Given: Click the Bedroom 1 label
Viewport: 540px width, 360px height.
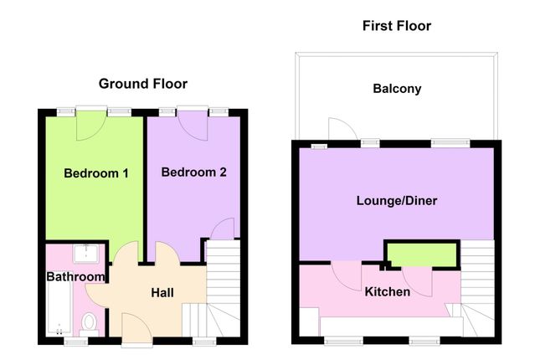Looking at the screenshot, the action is [96, 173].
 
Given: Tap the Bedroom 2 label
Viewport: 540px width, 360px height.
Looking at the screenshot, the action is [194, 172].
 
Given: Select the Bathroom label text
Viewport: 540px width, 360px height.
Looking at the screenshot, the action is [75, 276].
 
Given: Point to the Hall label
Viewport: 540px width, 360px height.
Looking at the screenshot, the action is [162, 293].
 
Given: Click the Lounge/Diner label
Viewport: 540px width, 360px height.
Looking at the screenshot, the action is [397, 200].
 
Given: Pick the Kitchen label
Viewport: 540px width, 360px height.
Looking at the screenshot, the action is [388, 292].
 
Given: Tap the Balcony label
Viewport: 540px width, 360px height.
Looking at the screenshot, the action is [397, 89].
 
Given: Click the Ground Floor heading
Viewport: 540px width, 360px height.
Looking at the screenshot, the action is [143, 84].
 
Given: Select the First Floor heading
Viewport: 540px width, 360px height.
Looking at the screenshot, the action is [397, 26].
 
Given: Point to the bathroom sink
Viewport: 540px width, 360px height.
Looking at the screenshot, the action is [85, 253].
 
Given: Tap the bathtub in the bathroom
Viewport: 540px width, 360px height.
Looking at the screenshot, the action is [59, 308].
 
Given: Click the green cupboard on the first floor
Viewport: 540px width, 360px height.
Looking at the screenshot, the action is [422, 255].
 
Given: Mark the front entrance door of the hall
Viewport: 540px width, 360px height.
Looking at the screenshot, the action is [136, 329].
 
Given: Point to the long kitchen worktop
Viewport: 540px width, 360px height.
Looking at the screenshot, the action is [391, 327].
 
